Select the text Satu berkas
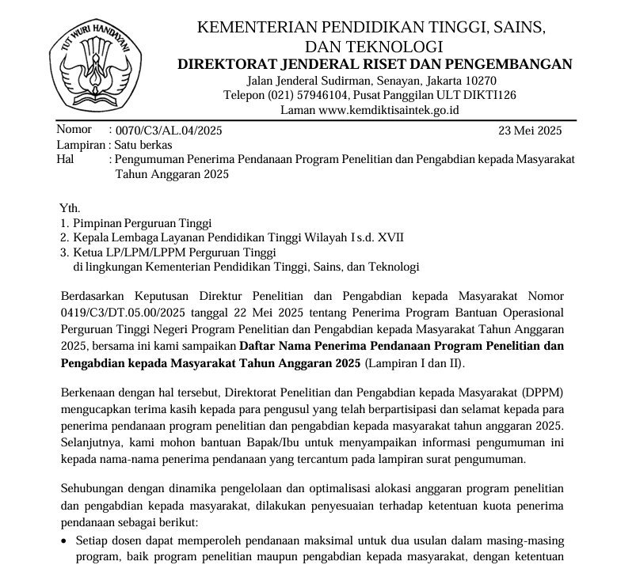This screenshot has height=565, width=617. [x=143, y=146]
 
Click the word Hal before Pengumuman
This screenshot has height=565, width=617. [x=65, y=160]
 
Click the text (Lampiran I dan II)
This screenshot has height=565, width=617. [x=415, y=363]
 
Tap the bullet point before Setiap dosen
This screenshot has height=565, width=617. [x=64, y=542]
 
